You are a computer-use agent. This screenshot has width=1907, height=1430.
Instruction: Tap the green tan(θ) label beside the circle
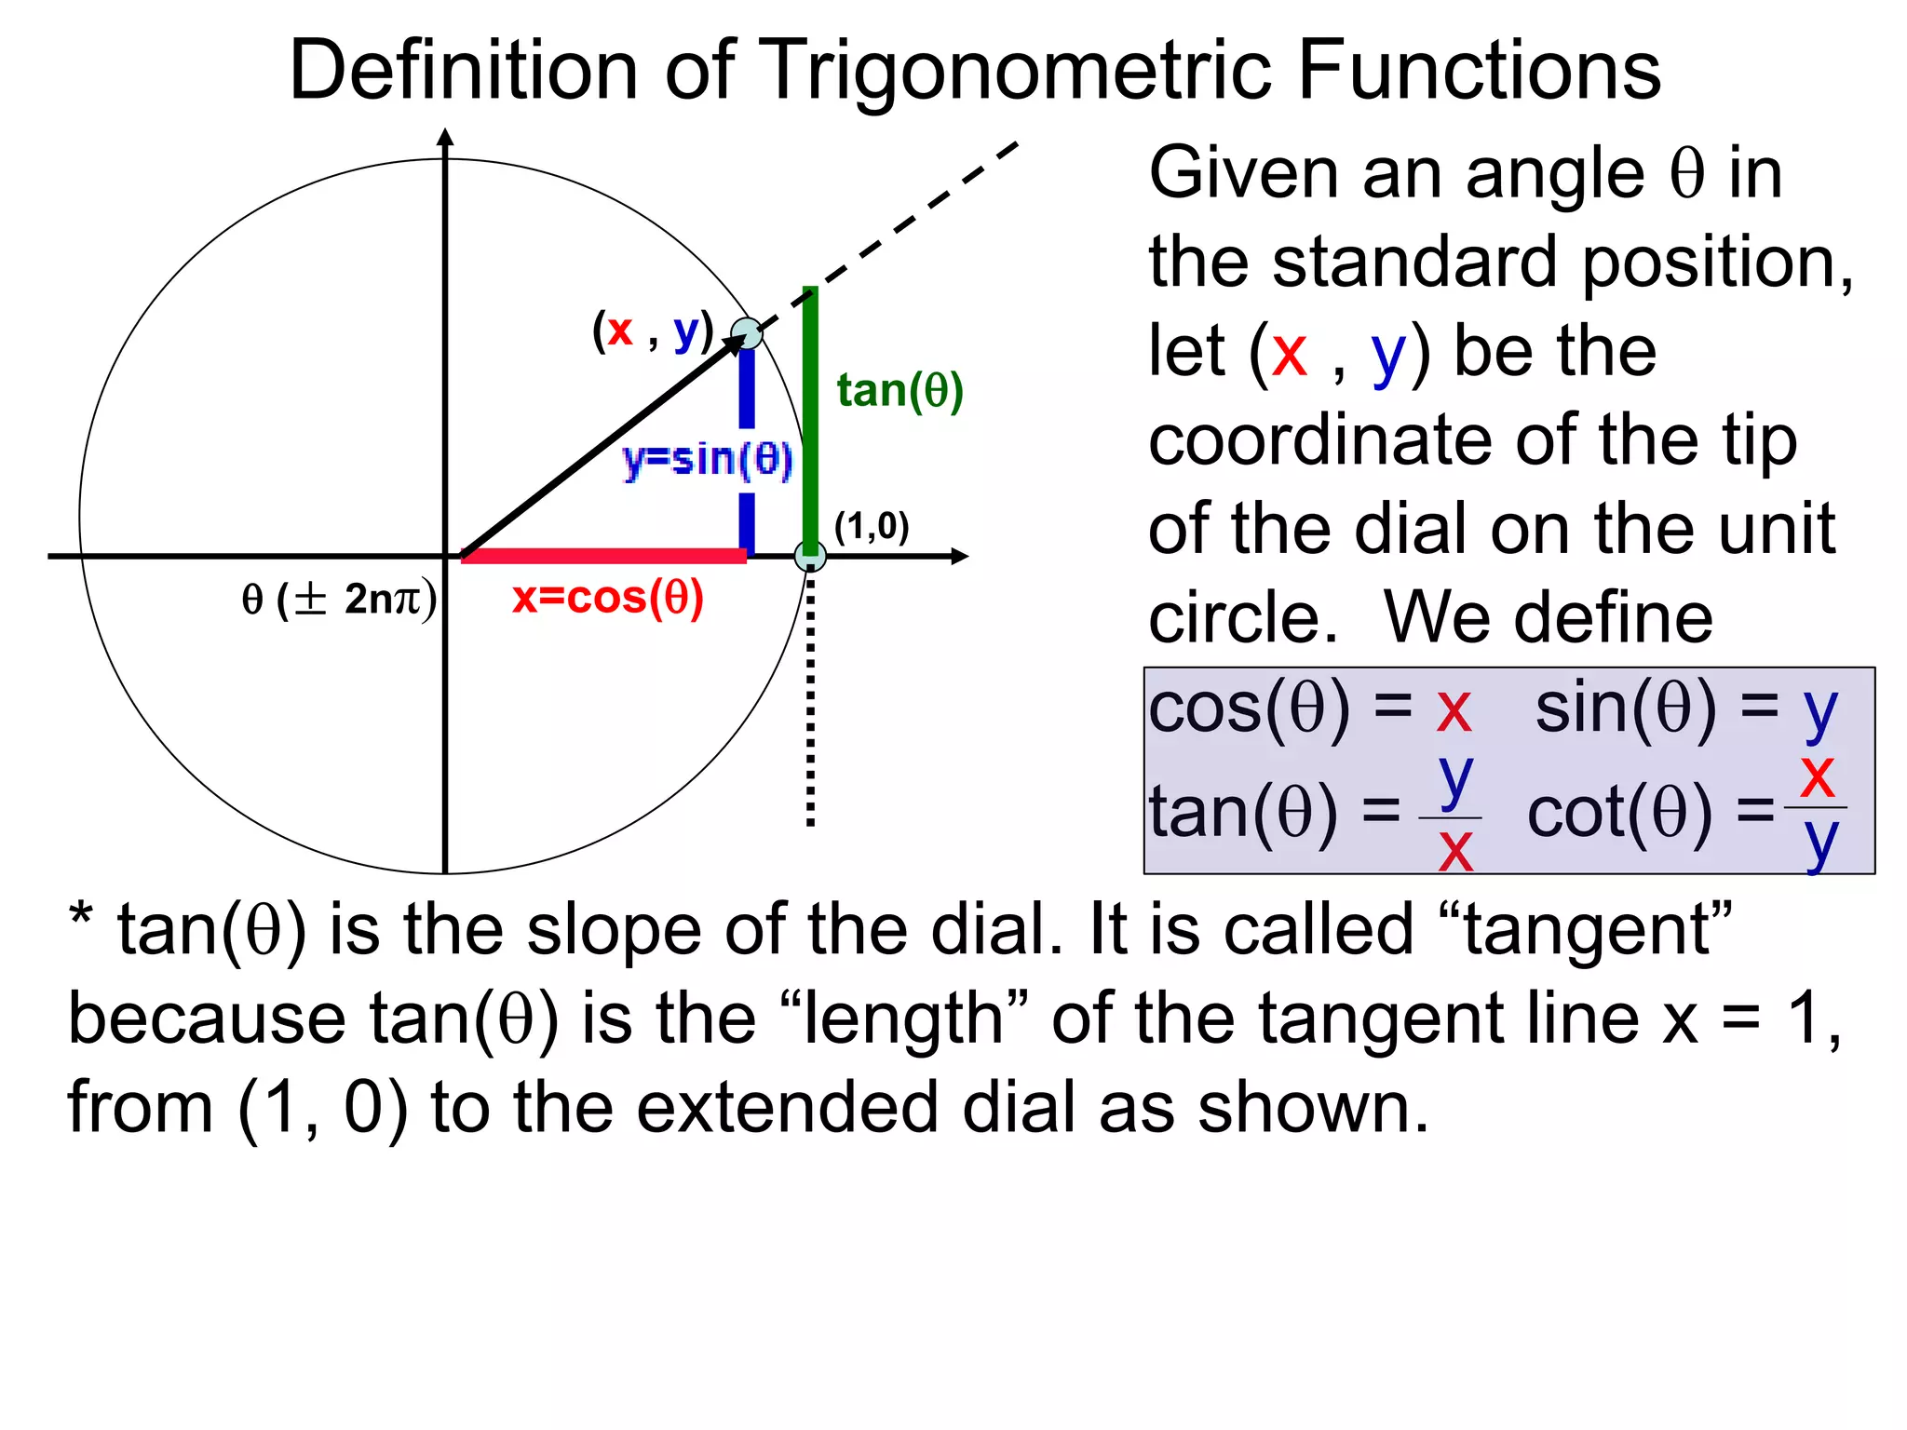899,390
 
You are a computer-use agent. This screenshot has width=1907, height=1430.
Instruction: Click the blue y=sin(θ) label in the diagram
708,459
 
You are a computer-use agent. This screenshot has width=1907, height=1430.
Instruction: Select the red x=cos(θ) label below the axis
608,598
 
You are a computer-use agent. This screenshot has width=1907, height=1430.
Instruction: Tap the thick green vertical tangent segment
810,419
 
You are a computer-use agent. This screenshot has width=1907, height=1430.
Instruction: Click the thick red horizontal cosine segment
603,556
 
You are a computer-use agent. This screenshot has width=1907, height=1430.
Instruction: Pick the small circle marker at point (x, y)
746,332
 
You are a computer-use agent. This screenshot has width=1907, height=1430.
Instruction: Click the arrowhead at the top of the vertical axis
446,138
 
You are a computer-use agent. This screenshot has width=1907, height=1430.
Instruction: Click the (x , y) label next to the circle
653,331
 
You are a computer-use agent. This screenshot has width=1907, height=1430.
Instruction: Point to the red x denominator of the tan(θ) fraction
1455,850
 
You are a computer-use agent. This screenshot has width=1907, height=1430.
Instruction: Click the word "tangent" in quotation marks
1598,930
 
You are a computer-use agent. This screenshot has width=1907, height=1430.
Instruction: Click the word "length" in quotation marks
902,1019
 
